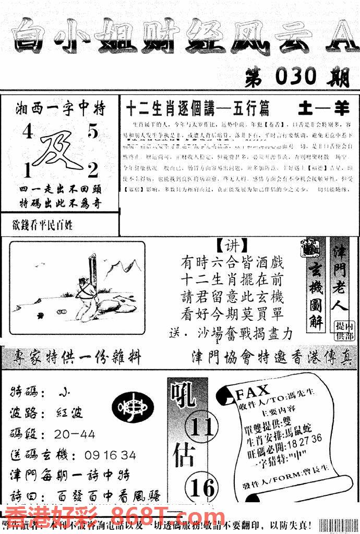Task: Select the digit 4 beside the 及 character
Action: [27, 133]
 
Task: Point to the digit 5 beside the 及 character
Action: [92, 132]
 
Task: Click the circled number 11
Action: [202, 427]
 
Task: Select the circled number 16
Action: [202, 488]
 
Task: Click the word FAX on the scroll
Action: [253, 391]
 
